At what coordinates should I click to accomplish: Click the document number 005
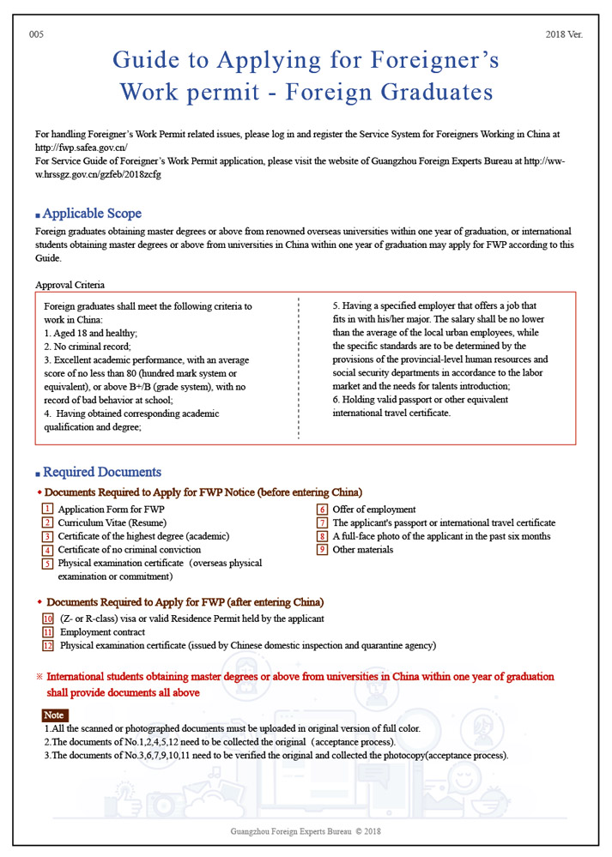36,34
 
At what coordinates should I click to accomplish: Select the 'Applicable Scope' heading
92,214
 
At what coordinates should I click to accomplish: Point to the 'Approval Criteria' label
70,285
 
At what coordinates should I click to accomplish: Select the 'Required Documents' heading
101,472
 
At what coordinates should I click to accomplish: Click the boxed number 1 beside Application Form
48,510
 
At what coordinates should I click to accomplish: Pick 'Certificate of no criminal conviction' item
129,549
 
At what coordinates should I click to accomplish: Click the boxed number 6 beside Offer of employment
323,510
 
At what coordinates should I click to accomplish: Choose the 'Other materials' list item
362,549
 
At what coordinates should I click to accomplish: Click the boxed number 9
323,549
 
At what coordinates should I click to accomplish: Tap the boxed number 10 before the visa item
48,619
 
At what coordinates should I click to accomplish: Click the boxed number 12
48,645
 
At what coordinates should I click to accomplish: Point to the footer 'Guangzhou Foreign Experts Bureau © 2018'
306,831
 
